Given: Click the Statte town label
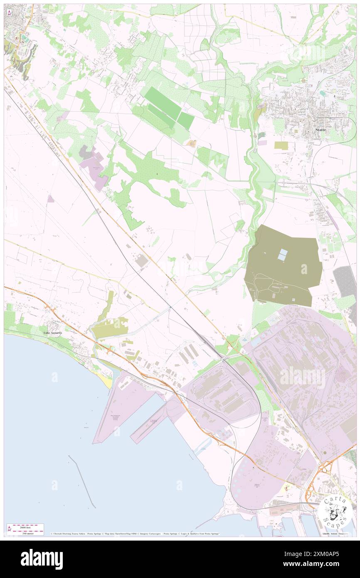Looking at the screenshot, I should point(320,130).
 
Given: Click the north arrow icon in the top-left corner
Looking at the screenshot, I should point(9,13).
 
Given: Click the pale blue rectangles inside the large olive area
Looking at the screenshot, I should point(283,254).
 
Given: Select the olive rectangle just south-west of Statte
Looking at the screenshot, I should point(281,146).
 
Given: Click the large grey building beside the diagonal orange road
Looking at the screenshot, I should point(142,261).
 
